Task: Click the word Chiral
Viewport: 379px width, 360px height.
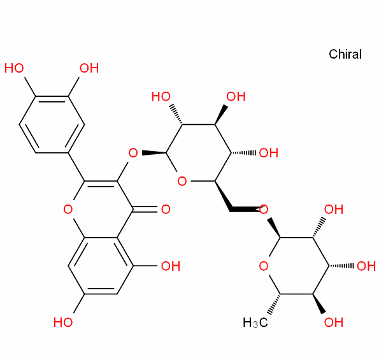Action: click(x=345, y=54)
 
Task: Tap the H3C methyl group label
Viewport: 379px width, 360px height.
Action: click(x=255, y=322)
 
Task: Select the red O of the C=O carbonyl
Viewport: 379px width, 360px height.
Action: click(x=166, y=210)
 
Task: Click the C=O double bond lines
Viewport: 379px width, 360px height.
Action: click(x=145, y=210)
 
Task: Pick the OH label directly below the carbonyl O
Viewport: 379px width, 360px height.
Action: click(x=171, y=266)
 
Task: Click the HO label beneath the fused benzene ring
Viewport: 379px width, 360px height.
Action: click(x=63, y=322)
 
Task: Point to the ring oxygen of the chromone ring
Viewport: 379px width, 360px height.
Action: click(x=68, y=210)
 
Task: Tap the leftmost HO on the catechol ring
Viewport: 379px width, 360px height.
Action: click(x=14, y=68)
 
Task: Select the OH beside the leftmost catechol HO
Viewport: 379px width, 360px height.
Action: click(x=89, y=68)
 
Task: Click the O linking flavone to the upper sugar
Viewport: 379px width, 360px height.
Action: click(x=133, y=153)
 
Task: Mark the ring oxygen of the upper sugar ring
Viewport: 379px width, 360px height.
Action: click(x=182, y=181)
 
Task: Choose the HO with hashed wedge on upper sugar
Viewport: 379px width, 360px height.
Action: click(x=161, y=96)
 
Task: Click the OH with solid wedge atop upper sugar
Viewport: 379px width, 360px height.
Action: click(x=236, y=96)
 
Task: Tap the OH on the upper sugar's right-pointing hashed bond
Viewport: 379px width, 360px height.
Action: click(x=269, y=153)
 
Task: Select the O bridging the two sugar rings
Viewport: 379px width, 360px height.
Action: click(x=264, y=210)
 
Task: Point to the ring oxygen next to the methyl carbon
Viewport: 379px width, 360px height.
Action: click(x=264, y=266)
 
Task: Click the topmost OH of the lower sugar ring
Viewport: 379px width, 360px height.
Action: click(x=334, y=210)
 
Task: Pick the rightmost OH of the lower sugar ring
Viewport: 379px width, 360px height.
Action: click(x=366, y=266)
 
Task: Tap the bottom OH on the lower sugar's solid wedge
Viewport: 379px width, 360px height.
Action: click(x=334, y=322)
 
